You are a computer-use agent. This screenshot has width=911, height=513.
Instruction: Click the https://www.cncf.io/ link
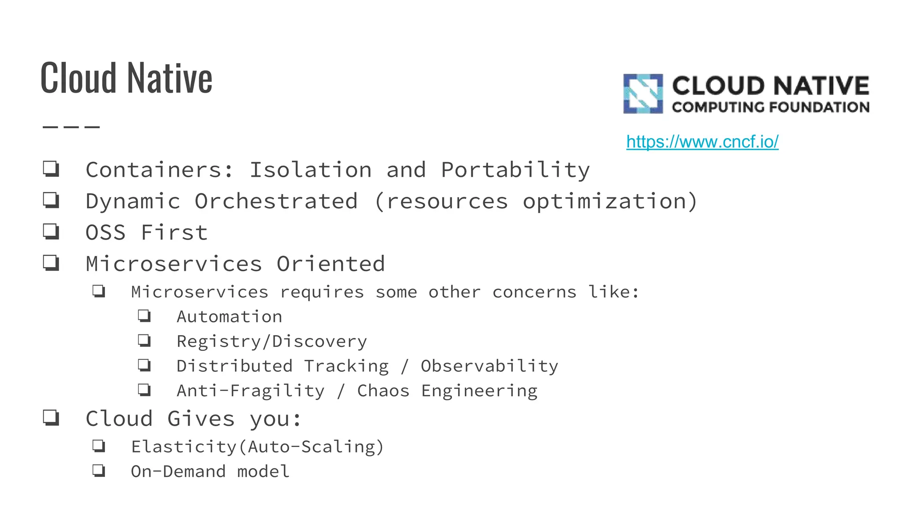702,142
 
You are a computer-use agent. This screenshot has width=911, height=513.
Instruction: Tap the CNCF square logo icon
643,94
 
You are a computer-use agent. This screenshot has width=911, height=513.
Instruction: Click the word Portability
515,170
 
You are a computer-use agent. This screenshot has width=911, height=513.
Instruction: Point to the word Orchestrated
276,201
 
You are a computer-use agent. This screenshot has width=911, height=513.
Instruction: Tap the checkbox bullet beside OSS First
51,232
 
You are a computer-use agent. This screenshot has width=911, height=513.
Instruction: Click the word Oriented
331,264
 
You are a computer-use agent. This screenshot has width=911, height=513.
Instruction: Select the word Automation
229,317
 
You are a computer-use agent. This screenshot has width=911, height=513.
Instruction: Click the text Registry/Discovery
272,342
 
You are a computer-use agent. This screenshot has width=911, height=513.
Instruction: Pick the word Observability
489,366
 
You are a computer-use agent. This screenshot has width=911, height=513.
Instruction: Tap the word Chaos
383,391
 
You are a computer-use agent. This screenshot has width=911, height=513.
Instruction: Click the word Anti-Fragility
250,391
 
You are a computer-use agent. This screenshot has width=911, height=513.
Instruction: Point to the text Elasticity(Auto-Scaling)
257,447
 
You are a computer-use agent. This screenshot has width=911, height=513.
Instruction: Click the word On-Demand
178,472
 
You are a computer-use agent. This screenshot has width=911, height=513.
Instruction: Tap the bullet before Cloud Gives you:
51,418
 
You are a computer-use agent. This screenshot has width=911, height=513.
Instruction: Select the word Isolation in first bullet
310,170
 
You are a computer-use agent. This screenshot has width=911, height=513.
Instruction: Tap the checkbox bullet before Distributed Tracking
144,366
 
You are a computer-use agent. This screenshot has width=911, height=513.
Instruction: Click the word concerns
534,292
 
